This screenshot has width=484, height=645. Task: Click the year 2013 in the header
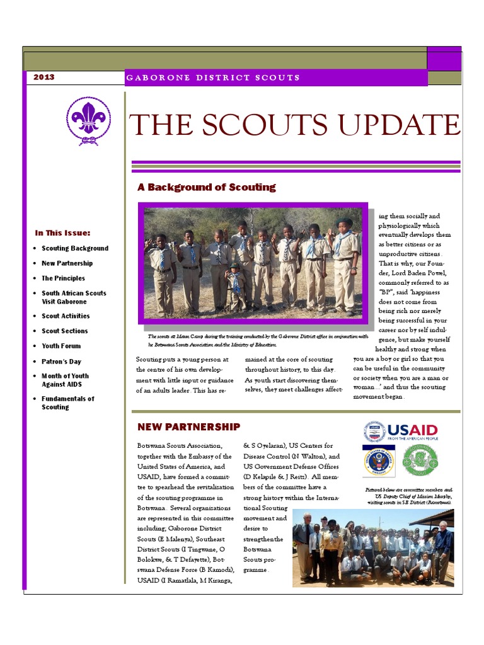coord(44,77)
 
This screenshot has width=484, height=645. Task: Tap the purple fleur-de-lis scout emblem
coord(88,120)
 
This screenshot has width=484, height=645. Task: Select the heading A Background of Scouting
coord(206,187)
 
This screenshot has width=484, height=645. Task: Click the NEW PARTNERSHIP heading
coord(188,427)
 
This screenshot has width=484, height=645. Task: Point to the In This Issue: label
coord(62,232)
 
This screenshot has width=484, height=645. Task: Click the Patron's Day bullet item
coord(61,362)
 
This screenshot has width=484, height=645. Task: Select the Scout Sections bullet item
coord(64,331)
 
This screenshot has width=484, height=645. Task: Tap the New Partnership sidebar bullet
coord(67,263)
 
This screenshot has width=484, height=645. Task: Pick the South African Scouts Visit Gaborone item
coord(74,297)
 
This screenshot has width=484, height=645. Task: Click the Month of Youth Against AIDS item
coord(65,380)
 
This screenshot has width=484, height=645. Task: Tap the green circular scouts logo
coord(420,460)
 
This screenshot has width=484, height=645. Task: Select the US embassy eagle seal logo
coord(378,460)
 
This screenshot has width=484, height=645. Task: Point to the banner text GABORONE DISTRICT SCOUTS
coord(213,77)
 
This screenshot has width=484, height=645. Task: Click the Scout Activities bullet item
coord(66,316)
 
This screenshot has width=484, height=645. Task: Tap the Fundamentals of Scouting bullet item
coord(67,402)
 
